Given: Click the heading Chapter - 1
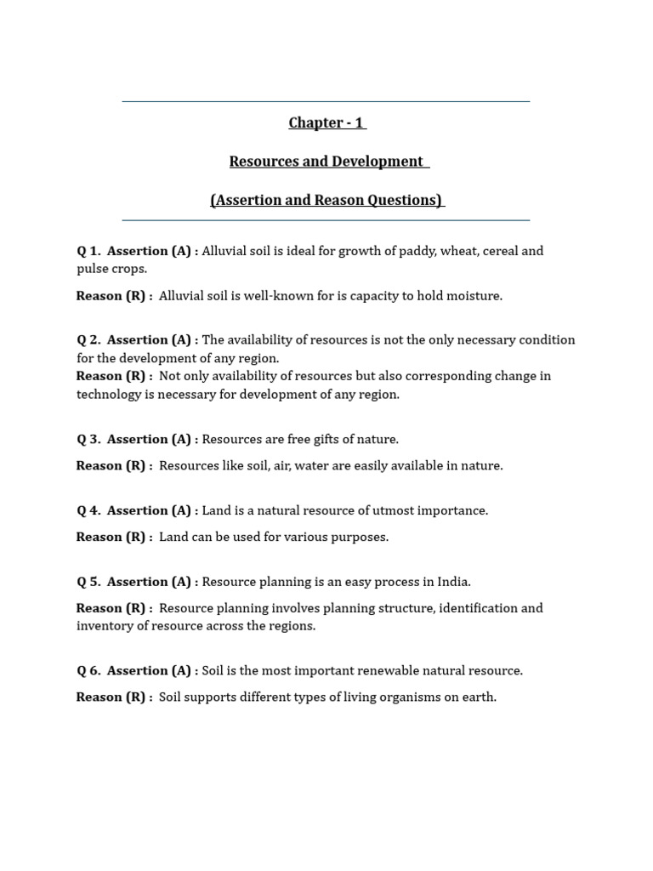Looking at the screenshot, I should click(x=326, y=122).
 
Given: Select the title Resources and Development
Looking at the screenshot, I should click(x=327, y=162).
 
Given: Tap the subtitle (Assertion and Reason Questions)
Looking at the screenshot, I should click(x=326, y=200).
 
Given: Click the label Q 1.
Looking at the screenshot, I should click(x=88, y=251).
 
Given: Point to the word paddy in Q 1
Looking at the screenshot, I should click(x=410, y=251).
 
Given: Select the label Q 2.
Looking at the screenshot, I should click(x=88, y=340).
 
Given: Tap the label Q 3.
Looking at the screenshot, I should click(x=88, y=440).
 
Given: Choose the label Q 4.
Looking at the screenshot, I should click(x=88, y=511).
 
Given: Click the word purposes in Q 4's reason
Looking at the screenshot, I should click(x=358, y=538).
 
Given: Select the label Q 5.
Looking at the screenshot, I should click(x=88, y=583).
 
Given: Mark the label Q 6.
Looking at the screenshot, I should click(x=88, y=671).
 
